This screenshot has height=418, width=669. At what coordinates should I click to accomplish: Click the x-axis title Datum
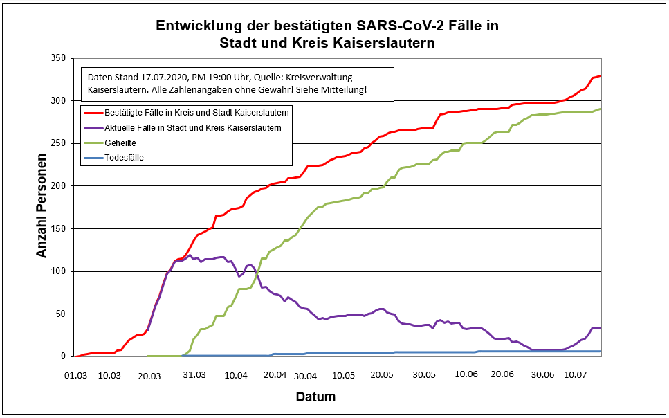(x=315, y=397)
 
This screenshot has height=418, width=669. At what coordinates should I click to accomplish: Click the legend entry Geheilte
(x=120, y=143)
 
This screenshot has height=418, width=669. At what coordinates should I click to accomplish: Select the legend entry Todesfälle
(x=125, y=157)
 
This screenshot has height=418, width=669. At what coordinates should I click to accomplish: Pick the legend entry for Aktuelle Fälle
(x=193, y=127)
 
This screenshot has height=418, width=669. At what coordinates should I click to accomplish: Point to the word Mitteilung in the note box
(x=345, y=91)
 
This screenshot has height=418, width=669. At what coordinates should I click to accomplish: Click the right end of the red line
(x=601, y=75)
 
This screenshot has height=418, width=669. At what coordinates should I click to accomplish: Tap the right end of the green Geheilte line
(x=601, y=109)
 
